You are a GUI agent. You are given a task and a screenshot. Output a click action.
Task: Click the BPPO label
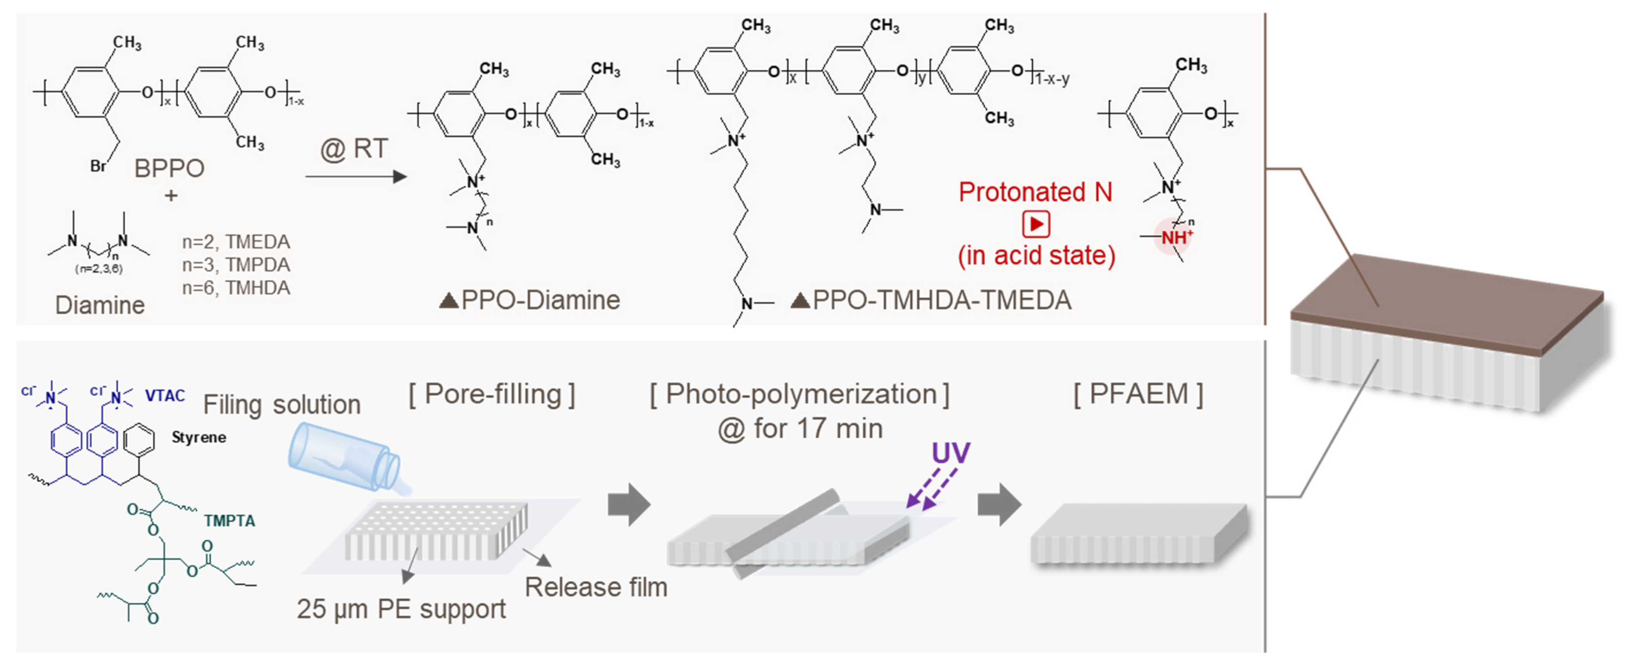tap(169, 168)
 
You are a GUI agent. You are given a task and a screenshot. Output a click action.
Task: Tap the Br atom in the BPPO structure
tap(98, 166)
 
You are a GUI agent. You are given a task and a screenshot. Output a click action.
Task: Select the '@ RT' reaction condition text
tap(354, 149)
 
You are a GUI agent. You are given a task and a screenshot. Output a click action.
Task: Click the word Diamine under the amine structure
tap(100, 305)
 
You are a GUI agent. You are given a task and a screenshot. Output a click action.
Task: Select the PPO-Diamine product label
tap(530, 300)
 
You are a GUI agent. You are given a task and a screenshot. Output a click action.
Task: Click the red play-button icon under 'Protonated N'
tap(1036, 224)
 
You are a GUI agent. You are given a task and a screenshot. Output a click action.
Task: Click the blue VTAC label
tap(164, 396)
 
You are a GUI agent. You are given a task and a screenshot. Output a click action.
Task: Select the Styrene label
tap(199, 437)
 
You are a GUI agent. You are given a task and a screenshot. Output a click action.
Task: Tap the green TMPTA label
tap(229, 521)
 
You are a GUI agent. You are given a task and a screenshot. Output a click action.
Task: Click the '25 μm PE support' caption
tap(401, 609)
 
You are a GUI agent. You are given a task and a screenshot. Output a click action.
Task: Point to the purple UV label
tap(950, 453)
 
